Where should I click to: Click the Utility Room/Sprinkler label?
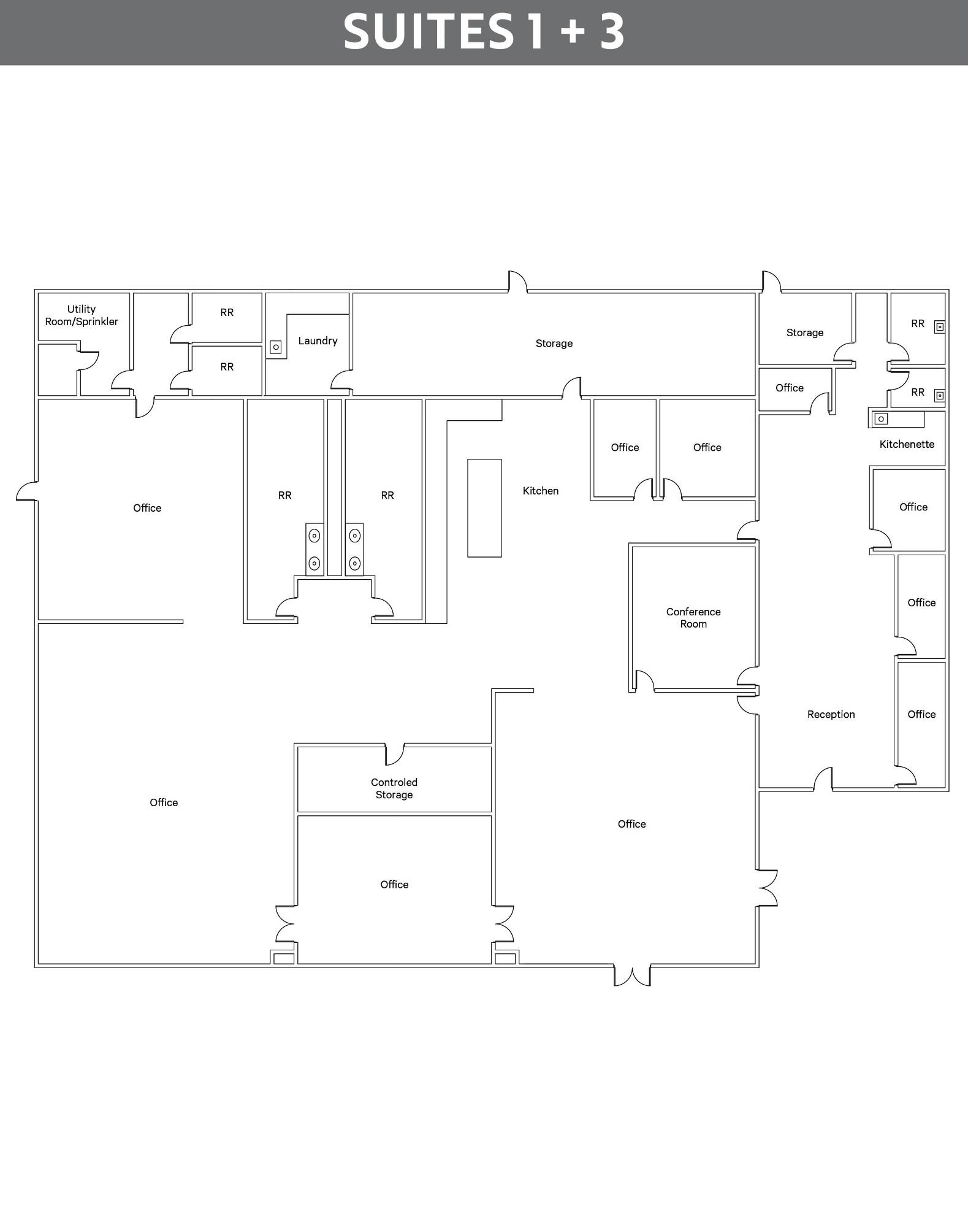[x=82, y=315]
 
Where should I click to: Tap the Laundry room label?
[x=318, y=340]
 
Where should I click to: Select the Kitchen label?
[x=541, y=491]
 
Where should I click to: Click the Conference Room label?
[x=693, y=618]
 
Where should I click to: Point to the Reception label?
[x=831, y=714]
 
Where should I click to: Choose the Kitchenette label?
[x=907, y=444]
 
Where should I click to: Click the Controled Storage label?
[x=394, y=788]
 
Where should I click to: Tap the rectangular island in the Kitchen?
[x=484, y=508]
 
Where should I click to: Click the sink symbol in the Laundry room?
[x=276, y=347]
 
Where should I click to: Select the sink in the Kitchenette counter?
[x=881, y=419]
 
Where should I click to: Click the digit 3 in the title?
[x=612, y=32]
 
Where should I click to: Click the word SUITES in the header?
[x=428, y=32]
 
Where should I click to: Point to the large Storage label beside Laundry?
[x=554, y=344]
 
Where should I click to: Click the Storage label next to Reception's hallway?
[x=805, y=333]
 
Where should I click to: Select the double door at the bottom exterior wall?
[x=632, y=975]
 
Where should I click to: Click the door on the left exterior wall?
[x=26, y=491]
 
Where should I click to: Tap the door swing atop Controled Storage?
[x=395, y=755]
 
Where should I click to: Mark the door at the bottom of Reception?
[x=823, y=778]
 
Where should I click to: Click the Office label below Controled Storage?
[x=394, y=884]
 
